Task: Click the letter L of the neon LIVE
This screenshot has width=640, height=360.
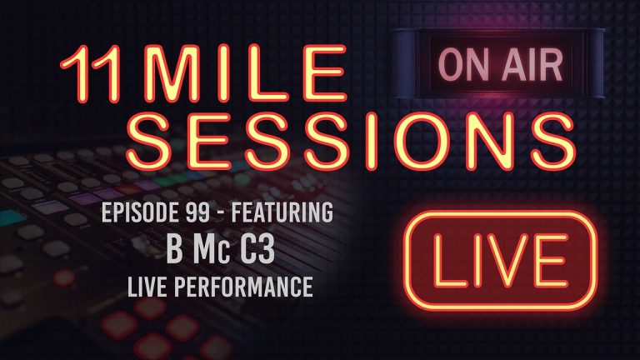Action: point(440,259)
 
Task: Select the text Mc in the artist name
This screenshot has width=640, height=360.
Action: point(207,251)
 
